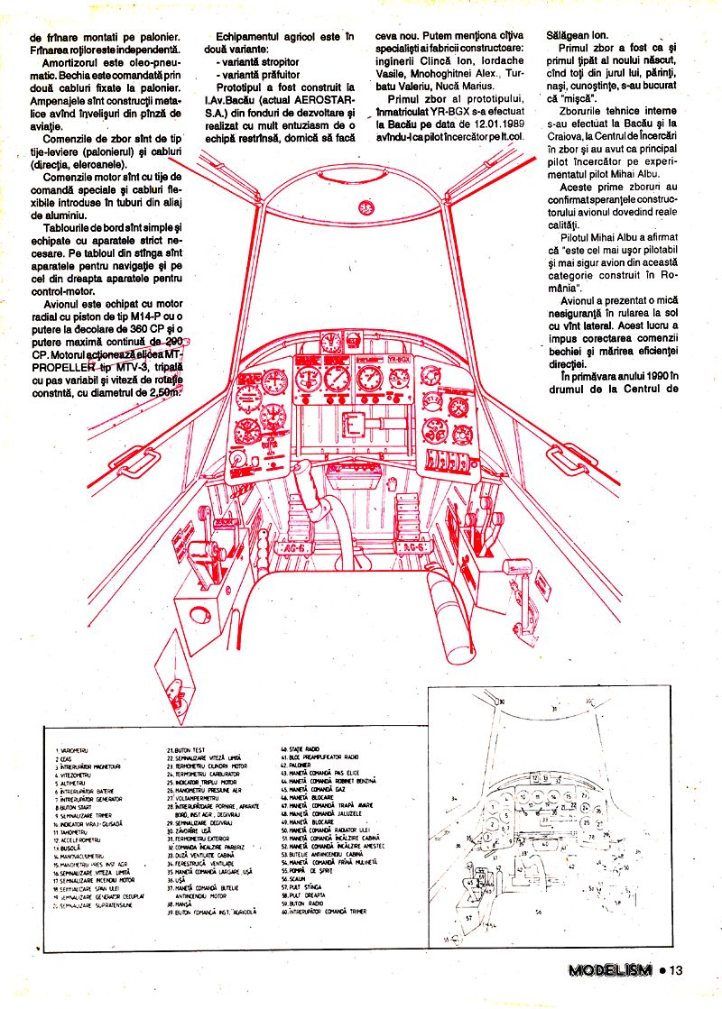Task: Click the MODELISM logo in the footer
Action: click(x=609, y=970)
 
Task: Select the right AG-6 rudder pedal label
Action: click(x=412, y=547)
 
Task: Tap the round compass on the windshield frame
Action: click(x=366, y=206)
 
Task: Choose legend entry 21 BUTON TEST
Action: click(x=187, y=749)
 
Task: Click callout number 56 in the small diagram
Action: click(x=539, y=912)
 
